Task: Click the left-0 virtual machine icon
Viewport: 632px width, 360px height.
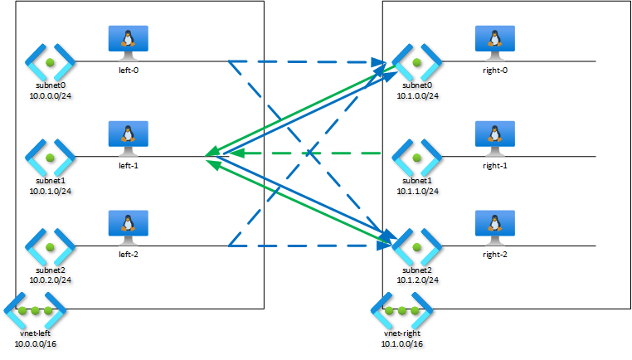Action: pos(128,42)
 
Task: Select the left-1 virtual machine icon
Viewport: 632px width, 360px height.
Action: pos(128,138)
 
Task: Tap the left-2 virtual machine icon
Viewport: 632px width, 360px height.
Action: pos(128,227)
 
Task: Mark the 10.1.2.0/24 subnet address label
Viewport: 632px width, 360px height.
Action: pos(416,280)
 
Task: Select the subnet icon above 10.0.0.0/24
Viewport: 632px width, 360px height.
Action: pos(49,62)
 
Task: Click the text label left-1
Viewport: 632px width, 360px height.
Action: pos(128,165)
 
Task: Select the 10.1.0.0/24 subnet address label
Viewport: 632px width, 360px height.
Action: pos(416,95)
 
